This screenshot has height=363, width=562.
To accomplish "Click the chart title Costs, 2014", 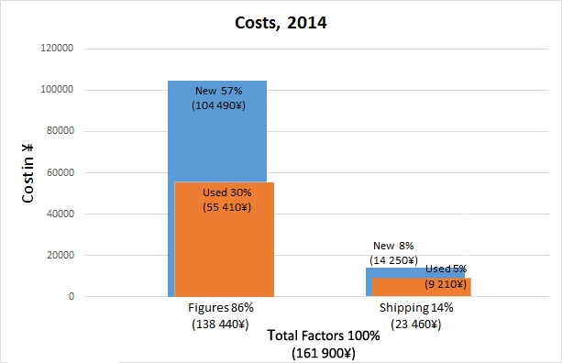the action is pos(281,23).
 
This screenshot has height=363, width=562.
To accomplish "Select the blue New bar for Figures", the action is pos(217,131).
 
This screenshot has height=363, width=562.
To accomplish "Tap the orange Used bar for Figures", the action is pos(225,239).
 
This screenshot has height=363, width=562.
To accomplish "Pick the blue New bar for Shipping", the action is pos(394,272).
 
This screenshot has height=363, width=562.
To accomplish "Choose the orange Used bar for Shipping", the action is pos(422,287).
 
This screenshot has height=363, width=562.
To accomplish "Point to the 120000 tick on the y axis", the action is pos(57,48).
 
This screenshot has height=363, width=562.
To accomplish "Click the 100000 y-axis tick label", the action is pos(57,89).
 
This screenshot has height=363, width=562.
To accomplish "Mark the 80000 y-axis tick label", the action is pos(61,131).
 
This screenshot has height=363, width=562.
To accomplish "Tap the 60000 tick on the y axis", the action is pos(61,172).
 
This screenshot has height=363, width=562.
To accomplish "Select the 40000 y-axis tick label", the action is pos(61,214).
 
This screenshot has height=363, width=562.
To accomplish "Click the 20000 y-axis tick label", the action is pos(61,255).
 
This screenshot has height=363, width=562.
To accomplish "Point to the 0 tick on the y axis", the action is pos(72,296).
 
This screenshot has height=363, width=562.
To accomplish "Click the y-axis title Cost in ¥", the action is pos(28,173).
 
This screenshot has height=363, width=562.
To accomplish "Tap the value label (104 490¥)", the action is pos(218,105).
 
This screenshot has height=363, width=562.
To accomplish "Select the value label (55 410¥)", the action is pos(226,207).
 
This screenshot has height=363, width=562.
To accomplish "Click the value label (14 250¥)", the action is pos(393,260).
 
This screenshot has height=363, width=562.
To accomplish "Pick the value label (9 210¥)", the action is pos(446,284).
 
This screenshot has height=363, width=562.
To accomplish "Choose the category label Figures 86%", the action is pos(221,308).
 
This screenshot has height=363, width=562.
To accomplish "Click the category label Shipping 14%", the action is pos(416,308).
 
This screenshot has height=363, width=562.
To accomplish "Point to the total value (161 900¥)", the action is pos(324,353).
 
